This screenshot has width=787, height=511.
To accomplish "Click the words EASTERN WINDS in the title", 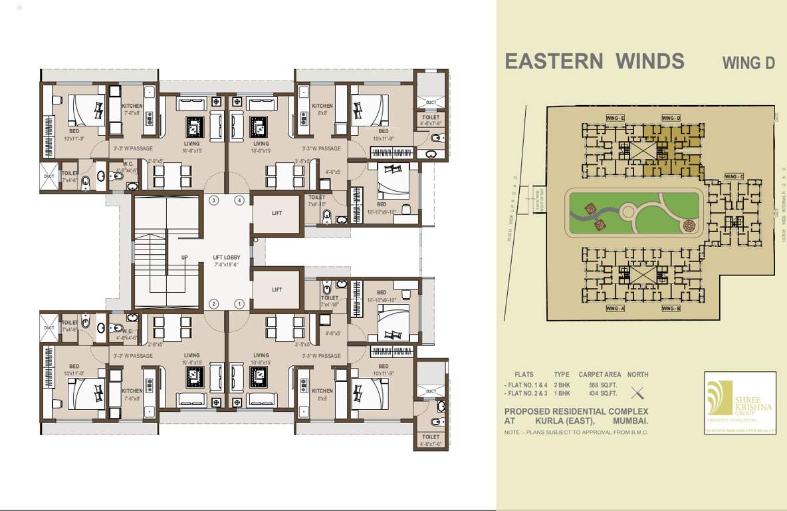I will pyautogui.click(x=594, y=61).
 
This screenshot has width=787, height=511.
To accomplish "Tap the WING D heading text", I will pyautogui.click(x=748, y=63).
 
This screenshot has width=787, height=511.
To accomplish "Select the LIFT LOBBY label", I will pyautogui.click(x=226, y=257).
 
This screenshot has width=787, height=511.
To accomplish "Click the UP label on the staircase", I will pyautogui.click(x=184, y=257).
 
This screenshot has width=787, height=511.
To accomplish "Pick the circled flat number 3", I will pyautogui.click(x=214, y=200).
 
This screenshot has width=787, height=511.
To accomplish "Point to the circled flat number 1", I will pyautogui.click(x=239, y=304).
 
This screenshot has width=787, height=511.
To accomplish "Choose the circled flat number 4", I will pyautogui.click(x=239, y=200).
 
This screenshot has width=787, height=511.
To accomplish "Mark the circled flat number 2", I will pyautogui.click(x=214, y=304).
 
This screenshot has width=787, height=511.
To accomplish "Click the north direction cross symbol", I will pyautogui.click(x=637, y=392).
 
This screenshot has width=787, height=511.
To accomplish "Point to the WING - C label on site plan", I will pyautogui.click(x=734, y=176).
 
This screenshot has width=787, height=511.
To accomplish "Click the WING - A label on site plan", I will pyautogui.click(x=615, y=308).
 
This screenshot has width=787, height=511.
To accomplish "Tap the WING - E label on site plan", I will pyautogui.click(x=615, y=118).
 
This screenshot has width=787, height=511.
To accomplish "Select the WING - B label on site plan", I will pyautogui.click(x=671, y=308).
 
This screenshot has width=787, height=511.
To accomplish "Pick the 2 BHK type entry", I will pyautogui.click(x=562, y=385).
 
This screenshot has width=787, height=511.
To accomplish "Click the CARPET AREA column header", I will pyautogui.click(x=600, y=375).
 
